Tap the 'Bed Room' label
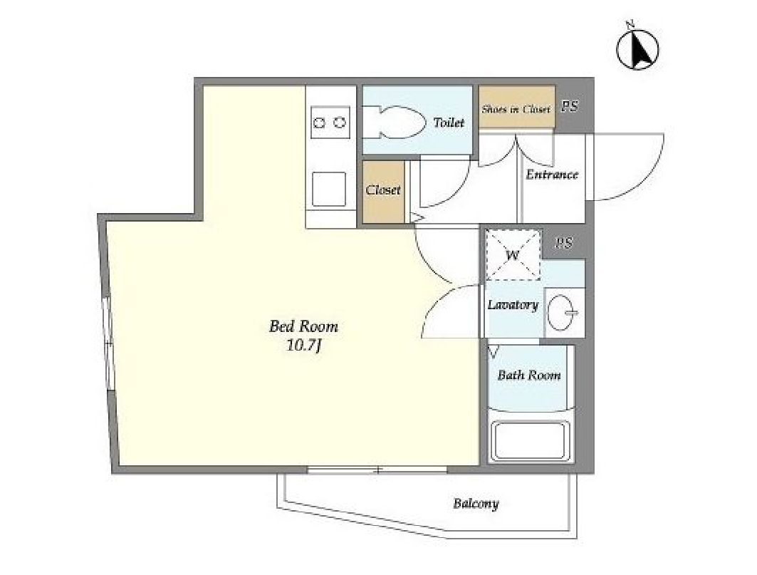coord(303,326)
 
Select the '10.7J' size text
coord(304,346)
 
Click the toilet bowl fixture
coord(395,123)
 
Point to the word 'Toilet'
coord(449,123)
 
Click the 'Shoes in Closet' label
coord(516,109)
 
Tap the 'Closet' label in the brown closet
coord(383,190)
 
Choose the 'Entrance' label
coord(552,175)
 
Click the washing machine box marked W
coord(513,254)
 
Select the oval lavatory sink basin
coord(562,313)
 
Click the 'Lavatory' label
coord(513,305)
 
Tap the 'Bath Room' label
coord(529,375)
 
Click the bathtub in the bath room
coord(530,440)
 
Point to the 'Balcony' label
coord(476,504)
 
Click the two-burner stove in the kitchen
coord(330,123)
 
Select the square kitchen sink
coord(329,189)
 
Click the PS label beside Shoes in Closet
coord(570,106)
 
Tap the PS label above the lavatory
coord(564,242)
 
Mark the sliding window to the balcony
coord(377,469)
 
